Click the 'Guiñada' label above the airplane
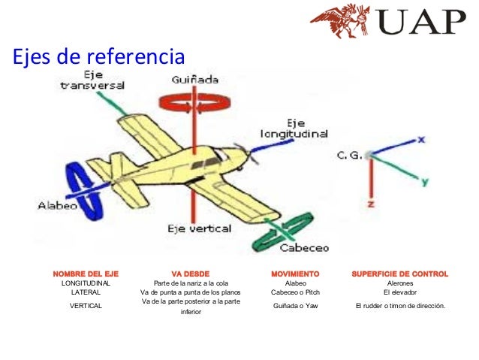coord(194,80)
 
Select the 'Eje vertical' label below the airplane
coord(199,228)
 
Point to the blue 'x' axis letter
coord(422,140)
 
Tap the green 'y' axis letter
coord(424,182)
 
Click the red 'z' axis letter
coord(371,204)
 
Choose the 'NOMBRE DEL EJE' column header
coord(86,274)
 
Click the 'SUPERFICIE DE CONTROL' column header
coord(399,274)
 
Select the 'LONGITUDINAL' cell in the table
coord(86,283)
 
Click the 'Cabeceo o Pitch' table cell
coord(296,292)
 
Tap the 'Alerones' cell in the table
coord(399,283)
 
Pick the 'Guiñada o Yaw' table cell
coord(295,306)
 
